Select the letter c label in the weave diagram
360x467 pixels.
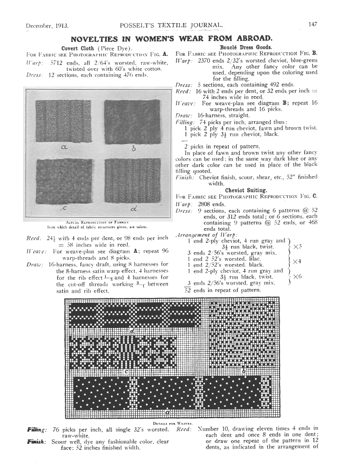click(x=127, y=371)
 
